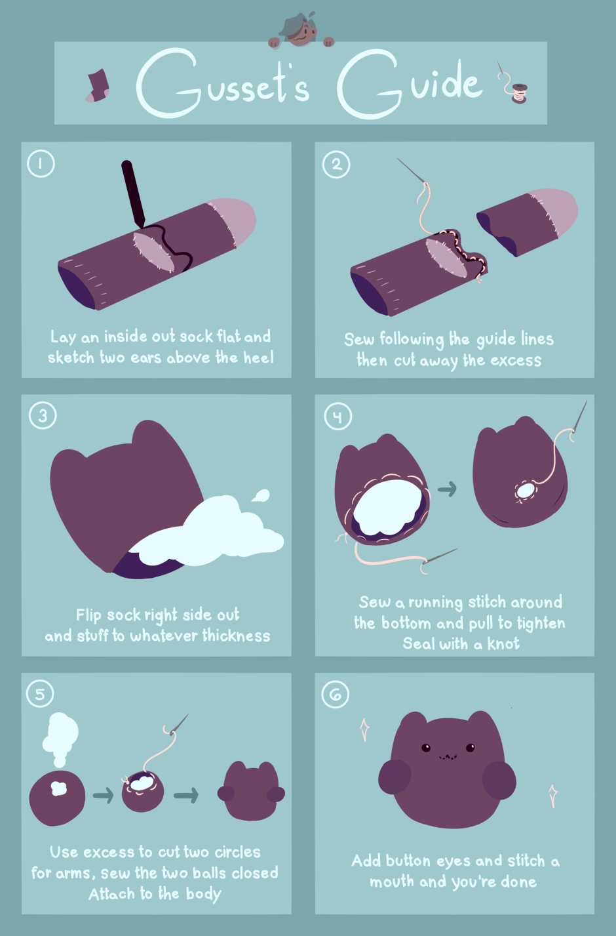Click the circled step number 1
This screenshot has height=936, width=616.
pos(41,163)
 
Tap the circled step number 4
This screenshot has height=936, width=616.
pos(337,417)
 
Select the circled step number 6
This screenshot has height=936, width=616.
pos(335,695)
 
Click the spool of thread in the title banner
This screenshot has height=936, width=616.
pos(520,93)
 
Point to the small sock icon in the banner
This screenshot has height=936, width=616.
pos(98,86)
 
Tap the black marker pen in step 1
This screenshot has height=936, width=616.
pos(133,194)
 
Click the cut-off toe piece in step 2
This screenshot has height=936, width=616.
pos(527,222)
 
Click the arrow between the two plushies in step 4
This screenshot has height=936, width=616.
pos(447,489)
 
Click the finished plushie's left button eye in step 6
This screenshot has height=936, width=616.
pos(426,748)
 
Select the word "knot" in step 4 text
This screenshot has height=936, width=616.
pos(503,643)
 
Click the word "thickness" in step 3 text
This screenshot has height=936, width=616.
pos(236,636)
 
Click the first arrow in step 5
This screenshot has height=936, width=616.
pos(103,795)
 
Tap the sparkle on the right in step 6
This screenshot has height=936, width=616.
pos(553,796)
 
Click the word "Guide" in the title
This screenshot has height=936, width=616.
pos(410,83)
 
